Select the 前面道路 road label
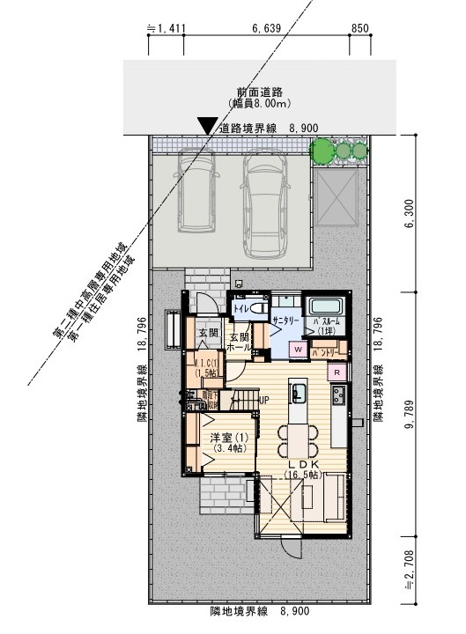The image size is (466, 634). [x=258, y=92]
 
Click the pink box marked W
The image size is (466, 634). [x=298, y=350]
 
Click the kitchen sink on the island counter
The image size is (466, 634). [x=298, y=392]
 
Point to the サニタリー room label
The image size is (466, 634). [x=286, y=322]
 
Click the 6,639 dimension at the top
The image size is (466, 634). [x=265, y=28]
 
